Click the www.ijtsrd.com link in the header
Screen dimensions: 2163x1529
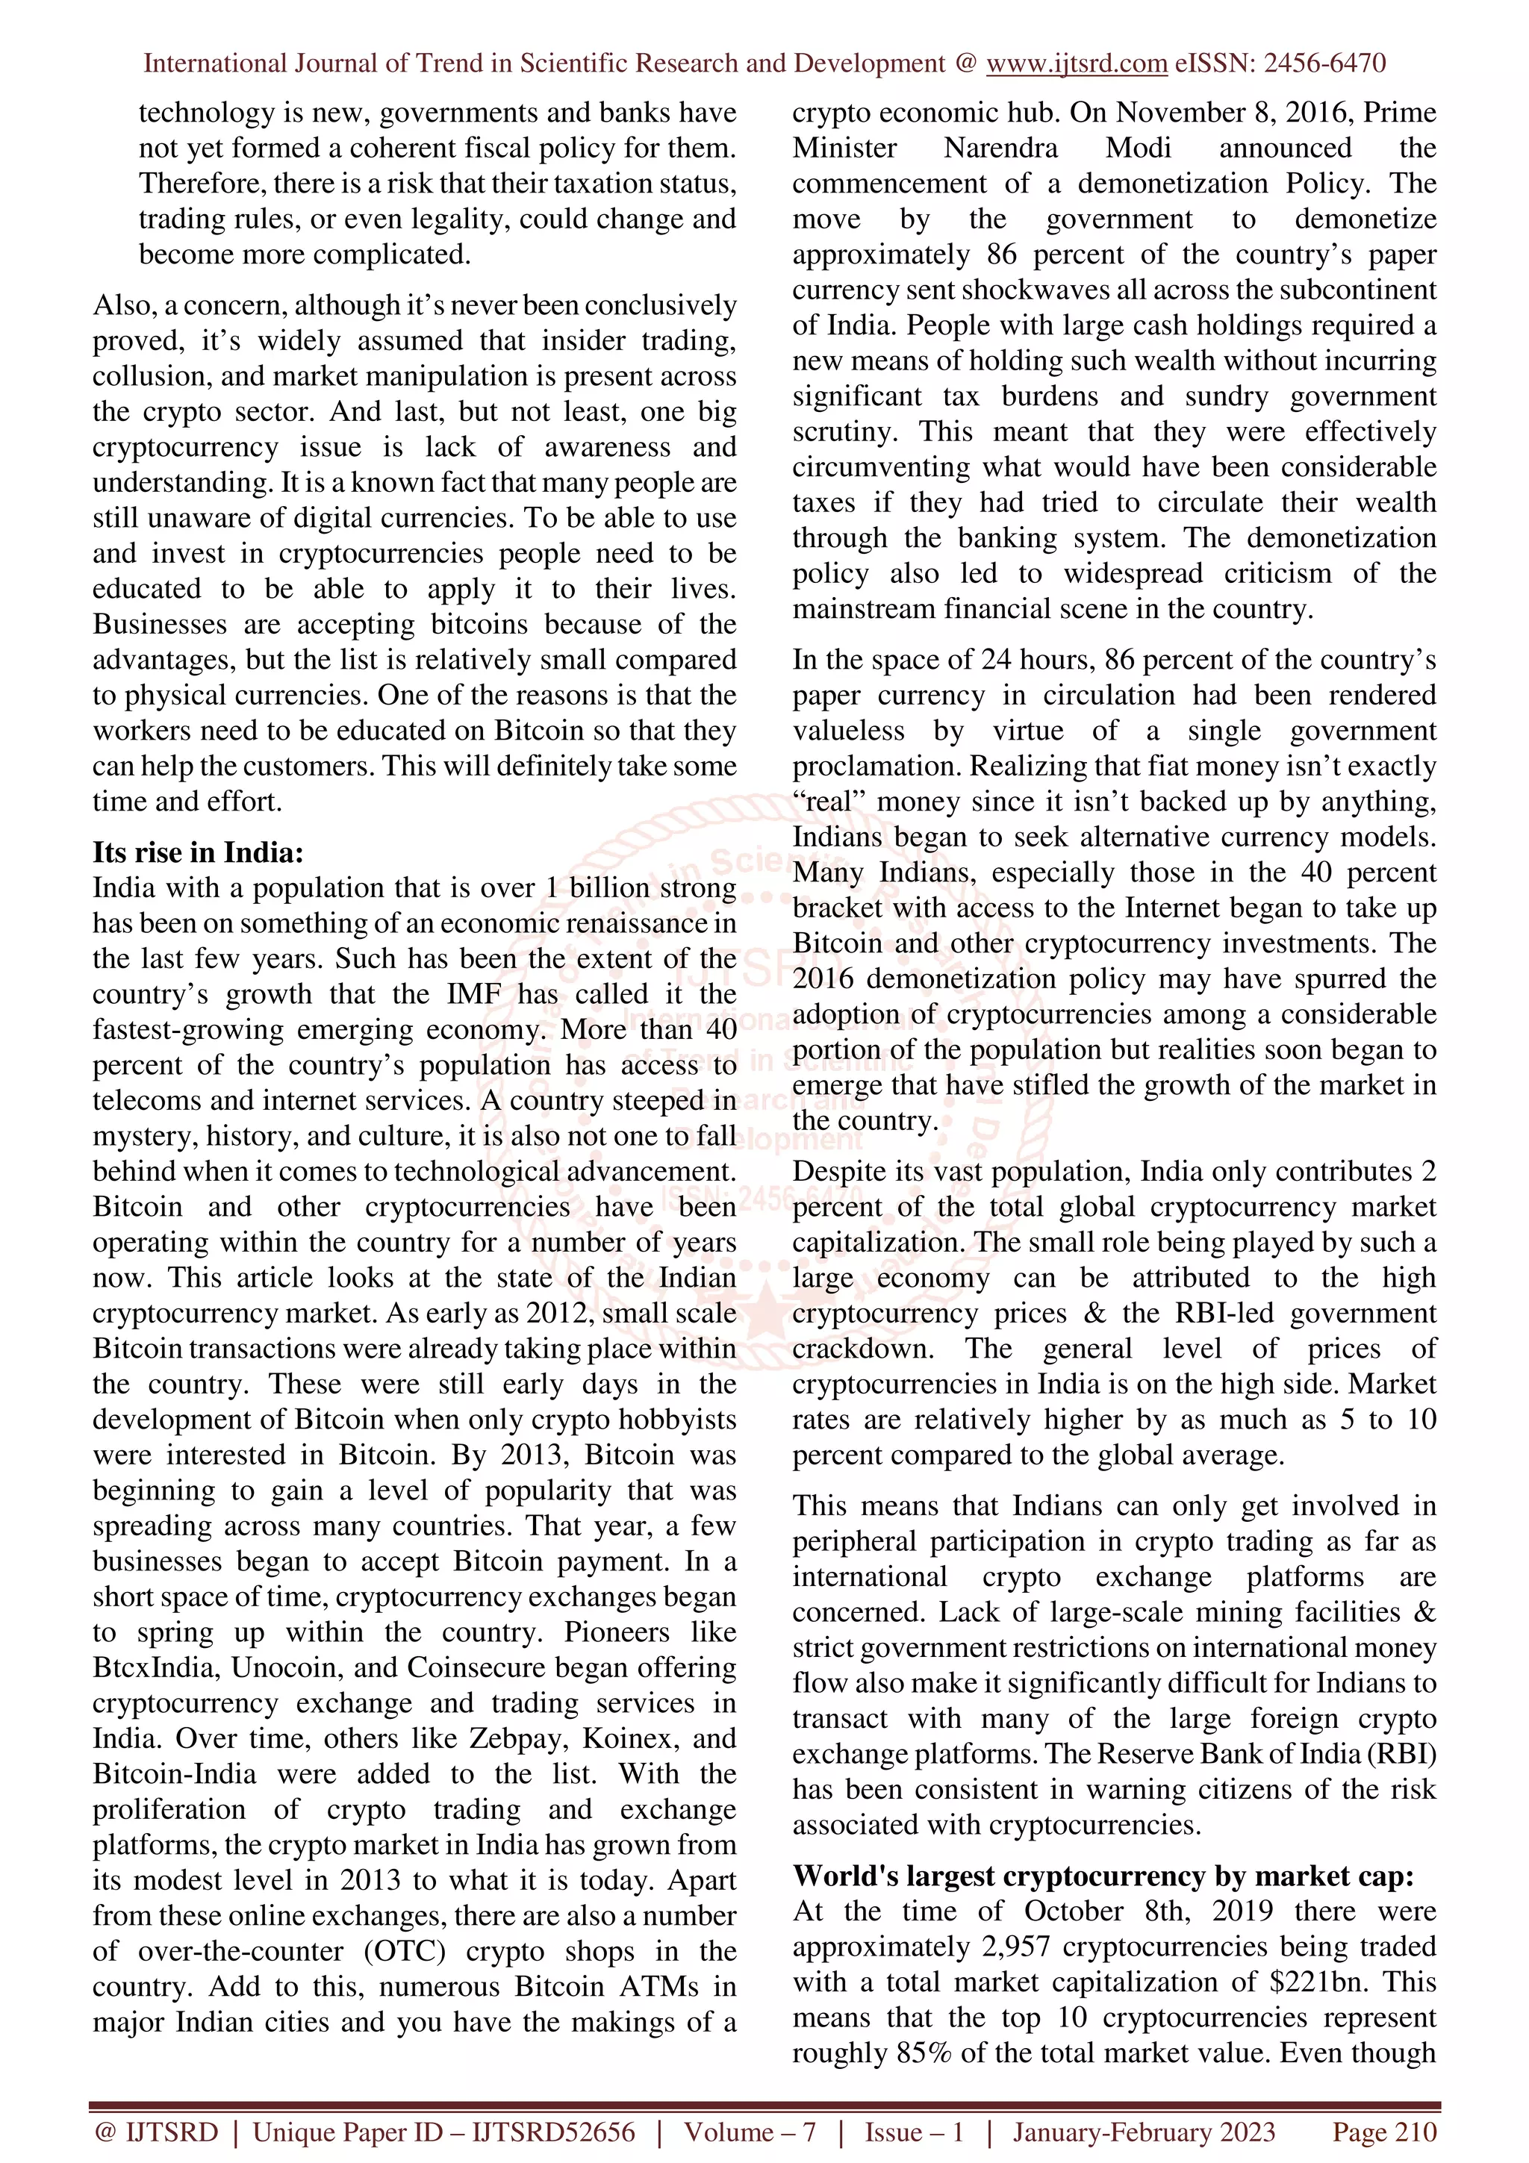(x=1076, y=64)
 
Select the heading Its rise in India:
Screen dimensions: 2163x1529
(x=198, y=852)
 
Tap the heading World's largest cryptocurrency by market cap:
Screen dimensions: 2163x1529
(x=1102, y=1876)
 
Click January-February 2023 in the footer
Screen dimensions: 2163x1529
(x=1144, y=2132)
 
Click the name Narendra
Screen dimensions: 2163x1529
(x=1000, y=148)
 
